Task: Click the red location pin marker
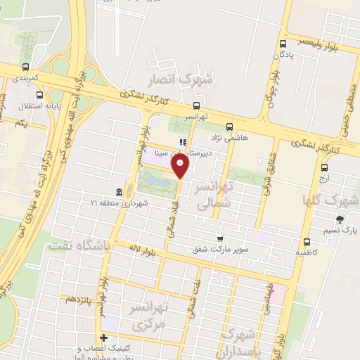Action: coord(181,166)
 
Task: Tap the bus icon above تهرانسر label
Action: coord(195,108)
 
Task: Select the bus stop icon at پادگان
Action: coord(282,44)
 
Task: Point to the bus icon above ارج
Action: coord(324,168)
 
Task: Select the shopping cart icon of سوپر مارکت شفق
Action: coord(221,239)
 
